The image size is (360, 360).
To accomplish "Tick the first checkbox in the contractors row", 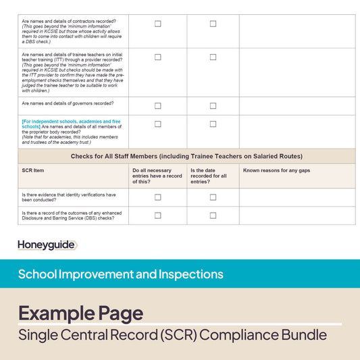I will (158, 24).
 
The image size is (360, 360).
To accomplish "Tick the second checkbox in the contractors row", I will (213, 24).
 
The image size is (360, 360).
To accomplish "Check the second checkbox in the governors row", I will (213, 106).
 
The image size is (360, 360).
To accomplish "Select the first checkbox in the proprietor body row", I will (158, 124).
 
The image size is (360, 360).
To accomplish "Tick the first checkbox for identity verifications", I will (158, 197).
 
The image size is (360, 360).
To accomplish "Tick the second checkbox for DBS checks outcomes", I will (213, 215).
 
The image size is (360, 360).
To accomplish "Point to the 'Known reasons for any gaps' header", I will (276, 171).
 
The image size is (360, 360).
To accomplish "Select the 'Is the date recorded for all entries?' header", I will (209, 176).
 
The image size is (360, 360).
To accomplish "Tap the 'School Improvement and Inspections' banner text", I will (120, 274).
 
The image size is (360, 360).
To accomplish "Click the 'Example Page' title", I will (80, 313).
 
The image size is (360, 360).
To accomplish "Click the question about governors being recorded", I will (68, 103).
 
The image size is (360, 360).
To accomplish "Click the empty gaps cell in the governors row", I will (297, 106).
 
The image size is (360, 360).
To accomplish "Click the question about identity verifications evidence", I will (68, 197).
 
